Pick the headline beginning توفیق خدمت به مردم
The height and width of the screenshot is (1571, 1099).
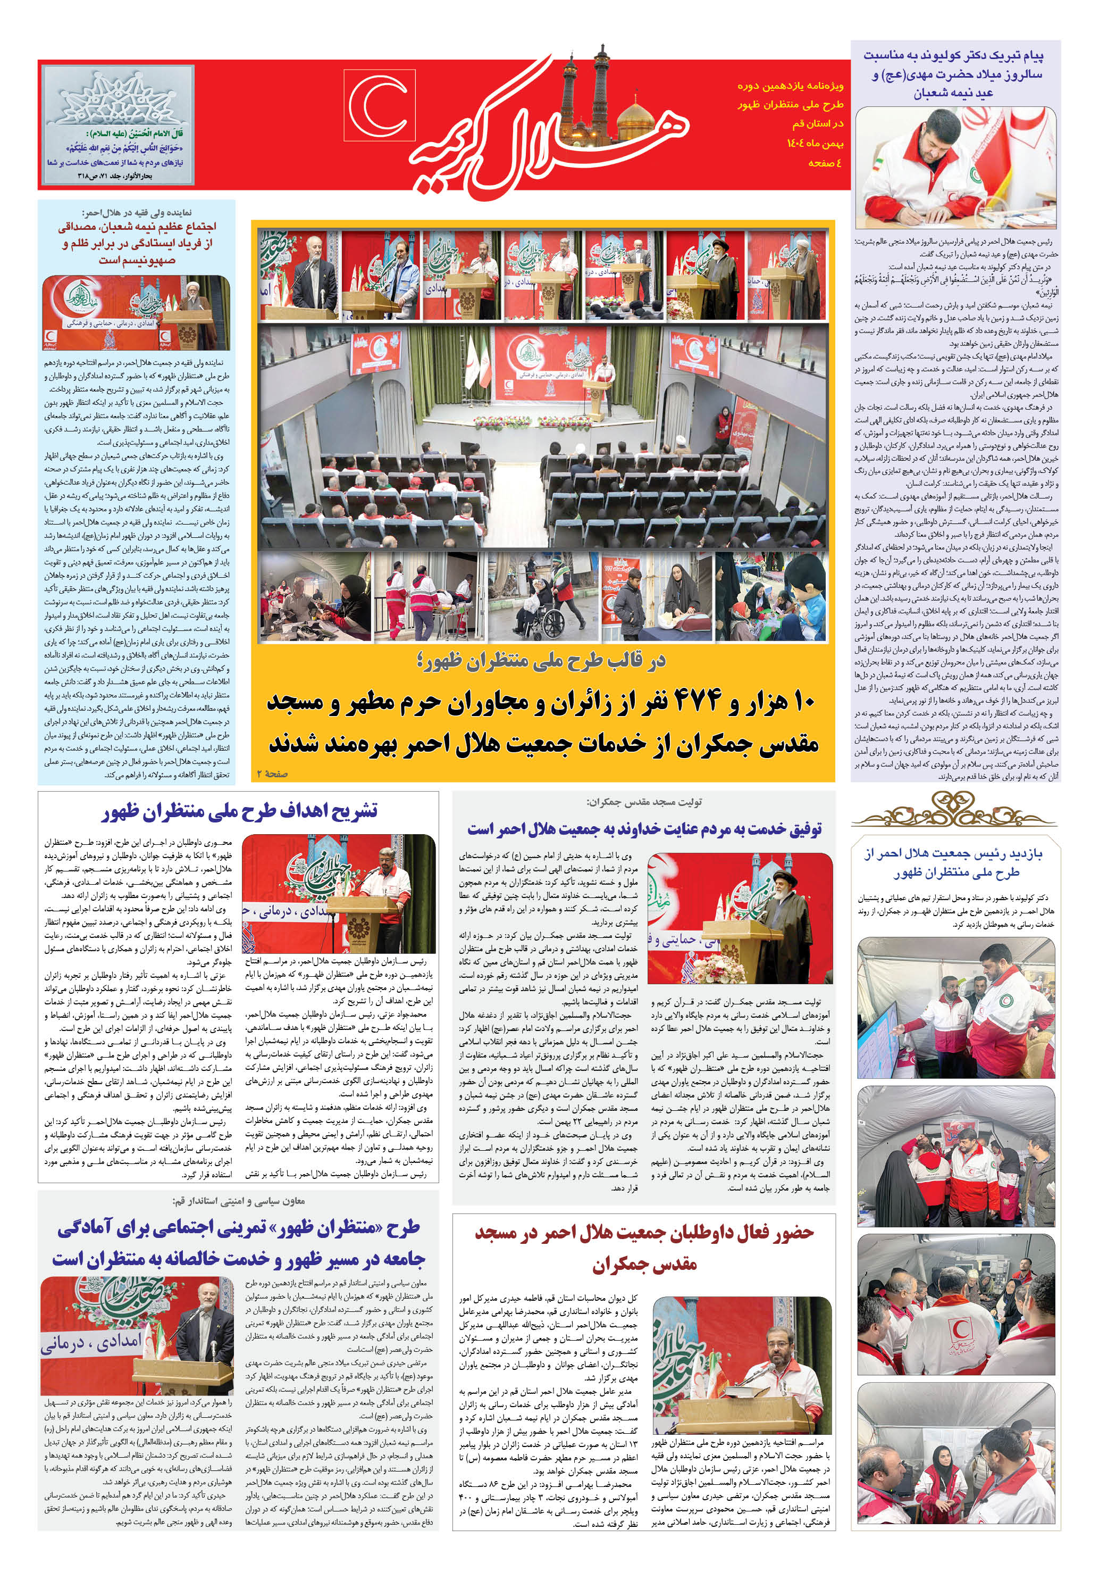tap(644, 829)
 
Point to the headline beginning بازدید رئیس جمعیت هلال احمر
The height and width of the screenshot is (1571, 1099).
tap(955, 863)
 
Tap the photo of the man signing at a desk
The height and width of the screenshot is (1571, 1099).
tap(955, 167)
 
